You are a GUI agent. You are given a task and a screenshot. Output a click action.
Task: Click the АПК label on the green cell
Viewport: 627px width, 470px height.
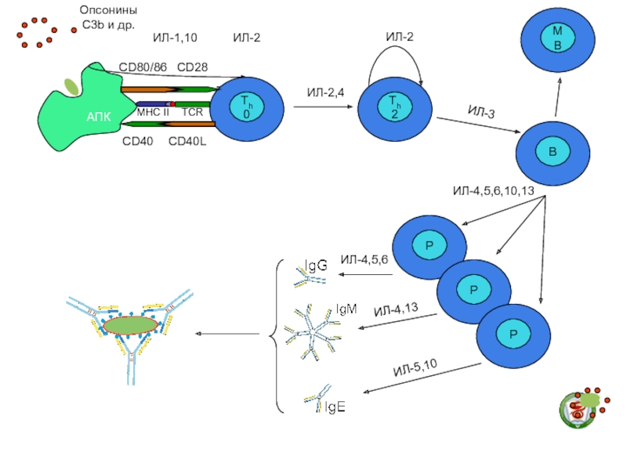(x=99, y=117)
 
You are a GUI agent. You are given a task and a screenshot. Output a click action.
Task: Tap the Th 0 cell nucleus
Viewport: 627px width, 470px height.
(x=247, y=107)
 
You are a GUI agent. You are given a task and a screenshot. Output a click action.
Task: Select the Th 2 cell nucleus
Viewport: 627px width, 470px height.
(x=395, y=107)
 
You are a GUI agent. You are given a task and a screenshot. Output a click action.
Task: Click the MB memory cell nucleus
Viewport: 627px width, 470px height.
(x=557, y=38)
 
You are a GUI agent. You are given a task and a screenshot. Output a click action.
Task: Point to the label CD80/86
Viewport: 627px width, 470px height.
(x=143, y=67)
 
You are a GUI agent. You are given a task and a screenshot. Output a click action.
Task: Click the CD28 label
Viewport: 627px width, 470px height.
(x=192, y=67)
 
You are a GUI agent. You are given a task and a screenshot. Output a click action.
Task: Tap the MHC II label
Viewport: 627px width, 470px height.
(x=153, y=112)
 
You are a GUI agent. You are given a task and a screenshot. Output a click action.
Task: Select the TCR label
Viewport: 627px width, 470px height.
(x=192, y=112)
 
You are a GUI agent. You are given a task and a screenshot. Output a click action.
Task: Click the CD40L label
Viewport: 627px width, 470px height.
(x=187, y=142)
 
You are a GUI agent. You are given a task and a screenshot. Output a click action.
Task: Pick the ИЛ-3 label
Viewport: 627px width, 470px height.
(x=481, y=112)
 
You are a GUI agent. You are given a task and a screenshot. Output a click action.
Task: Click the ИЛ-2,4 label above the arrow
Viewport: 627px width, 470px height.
(x=325, y=92)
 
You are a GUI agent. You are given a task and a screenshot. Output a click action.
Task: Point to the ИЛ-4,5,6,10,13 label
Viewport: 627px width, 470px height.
(x=494, y=190)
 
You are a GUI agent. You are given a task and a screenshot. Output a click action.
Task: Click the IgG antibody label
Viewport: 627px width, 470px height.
(x=316, y=265)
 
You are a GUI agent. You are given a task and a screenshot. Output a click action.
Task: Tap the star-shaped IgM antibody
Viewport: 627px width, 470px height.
(x=313, y=332)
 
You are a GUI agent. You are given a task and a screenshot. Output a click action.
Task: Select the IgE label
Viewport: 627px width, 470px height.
(x=335, y=407)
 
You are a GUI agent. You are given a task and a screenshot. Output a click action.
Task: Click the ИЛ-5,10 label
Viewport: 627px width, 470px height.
(x=415, y=367)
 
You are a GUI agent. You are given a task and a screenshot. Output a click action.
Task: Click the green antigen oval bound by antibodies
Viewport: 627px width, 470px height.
(x=130, y=325)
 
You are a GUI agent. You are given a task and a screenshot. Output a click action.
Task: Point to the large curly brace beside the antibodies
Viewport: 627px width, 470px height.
(x=277, y=336)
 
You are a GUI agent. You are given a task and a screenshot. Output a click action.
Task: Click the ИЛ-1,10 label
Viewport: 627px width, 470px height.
(x=175, y=38)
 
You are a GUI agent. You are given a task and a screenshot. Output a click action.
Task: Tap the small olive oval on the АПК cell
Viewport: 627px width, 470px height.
(x=71, y=87)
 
